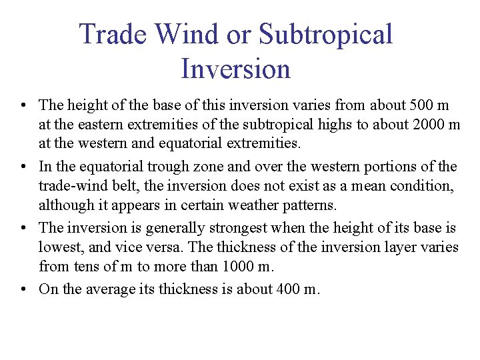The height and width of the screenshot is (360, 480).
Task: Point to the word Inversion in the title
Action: (x=235, y=69)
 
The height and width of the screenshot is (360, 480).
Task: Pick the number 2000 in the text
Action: (x=424, y=124)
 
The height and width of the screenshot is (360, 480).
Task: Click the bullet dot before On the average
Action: (x=23, y=290)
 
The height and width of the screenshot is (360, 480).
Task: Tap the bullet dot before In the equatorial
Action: (x=23, y=167)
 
